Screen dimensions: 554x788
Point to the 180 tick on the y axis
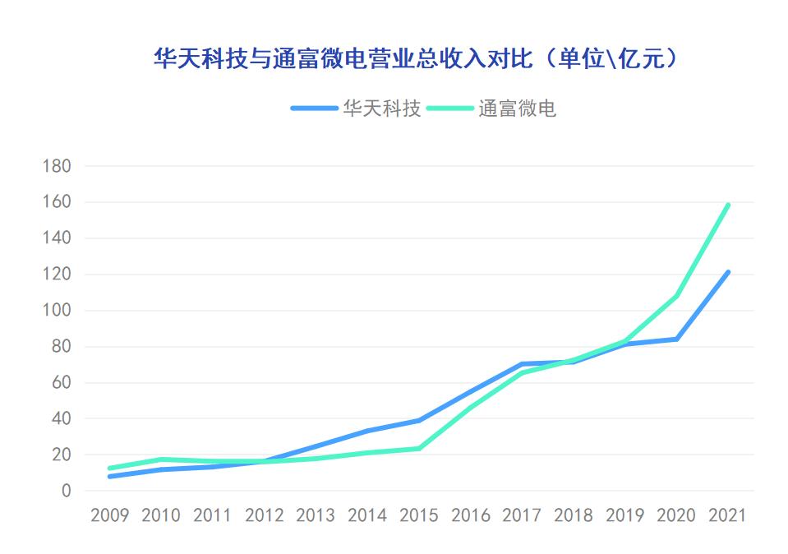coord(57,166)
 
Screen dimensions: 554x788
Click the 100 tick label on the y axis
coord(57,311)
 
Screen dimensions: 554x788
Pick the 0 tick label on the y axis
coord(66,491)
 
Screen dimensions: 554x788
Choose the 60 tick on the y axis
coord(62,382)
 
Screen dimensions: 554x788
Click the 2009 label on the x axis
coord(109,515)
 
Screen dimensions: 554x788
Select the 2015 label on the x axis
coord(419,515)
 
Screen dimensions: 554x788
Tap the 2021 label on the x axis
coord(727,515)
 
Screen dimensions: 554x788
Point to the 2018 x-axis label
coord(573,515)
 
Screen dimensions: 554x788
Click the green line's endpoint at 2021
coord(728,205)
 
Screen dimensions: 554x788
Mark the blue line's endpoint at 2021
coord(728,272)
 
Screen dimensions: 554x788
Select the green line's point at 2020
coord(676,296)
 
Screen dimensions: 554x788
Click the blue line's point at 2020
coord(676,339)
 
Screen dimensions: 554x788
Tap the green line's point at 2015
coord(419,449)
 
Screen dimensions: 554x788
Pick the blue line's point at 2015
coord(419,421)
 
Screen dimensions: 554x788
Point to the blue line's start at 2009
coord(109,477)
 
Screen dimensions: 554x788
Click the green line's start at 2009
coord(109,469)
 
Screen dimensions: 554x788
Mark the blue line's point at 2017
coord(522,364)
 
